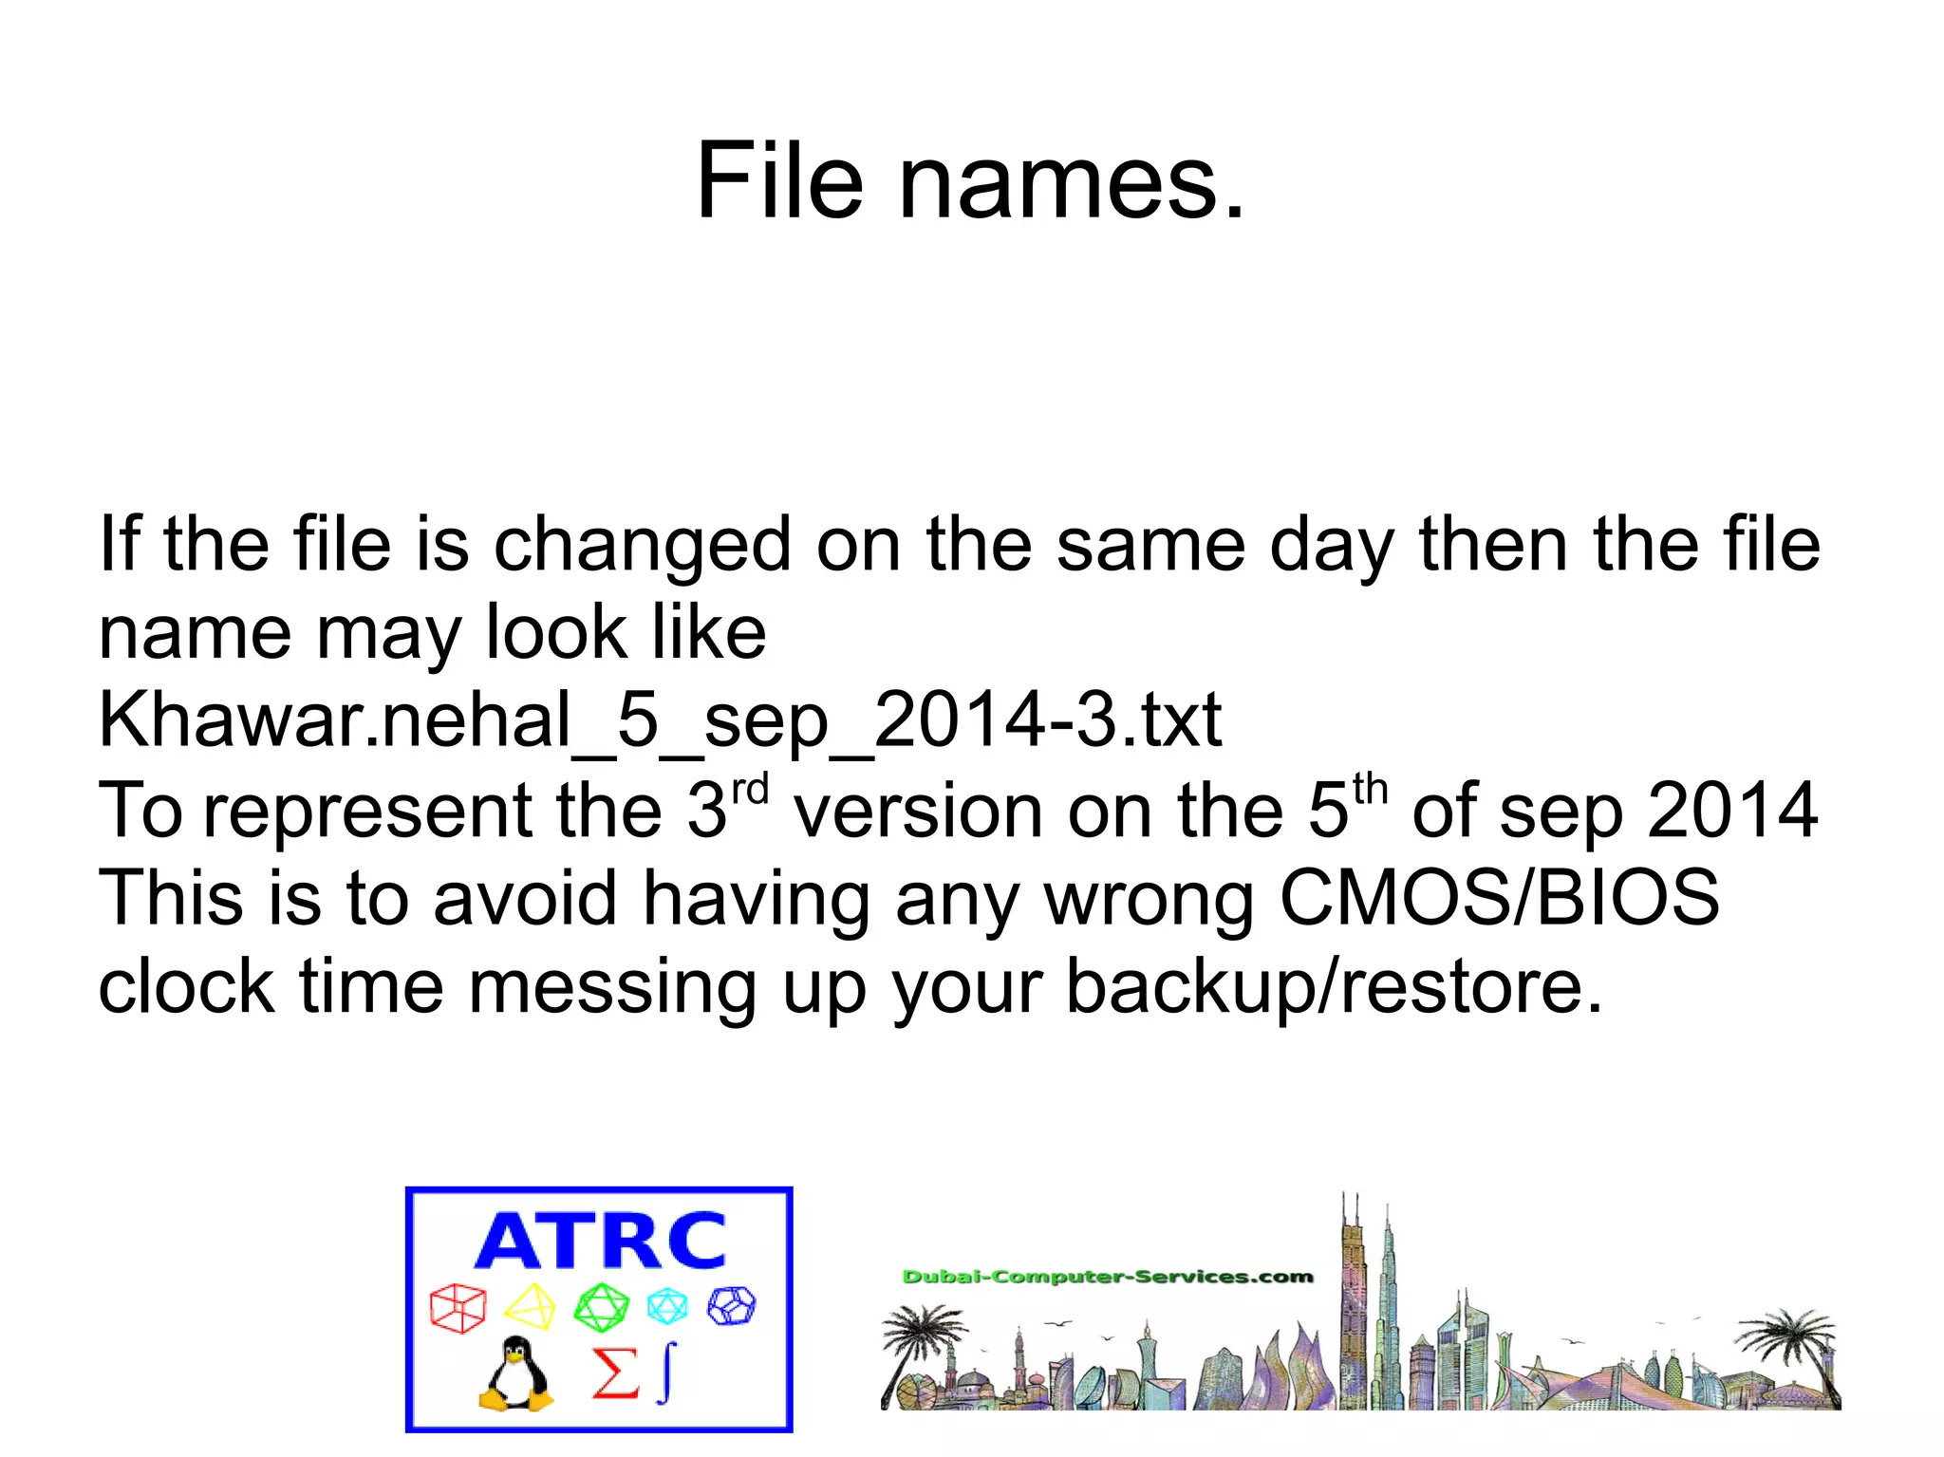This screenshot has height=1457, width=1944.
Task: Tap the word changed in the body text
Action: click(x=643, y=546)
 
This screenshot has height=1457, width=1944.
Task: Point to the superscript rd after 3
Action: click(x=750, y=790)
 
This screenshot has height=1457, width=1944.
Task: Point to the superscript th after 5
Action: click(x=1370, y=790)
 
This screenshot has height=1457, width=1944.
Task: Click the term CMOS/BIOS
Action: click(x=1499, y=897)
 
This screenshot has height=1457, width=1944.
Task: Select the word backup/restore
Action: click(x=1334, y=987)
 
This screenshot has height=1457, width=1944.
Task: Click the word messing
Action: click(x=612, y=987)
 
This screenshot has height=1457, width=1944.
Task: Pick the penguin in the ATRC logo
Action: click(x=515, y=1373)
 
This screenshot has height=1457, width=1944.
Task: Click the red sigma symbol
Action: click(x=614, y=1373)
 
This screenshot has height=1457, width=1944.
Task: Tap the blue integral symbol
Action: click(x=668, y=1372)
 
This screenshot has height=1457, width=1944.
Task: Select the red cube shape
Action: click(x=458, y=1308)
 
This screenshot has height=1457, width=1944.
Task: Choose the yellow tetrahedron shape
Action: click(x=530, y=1307)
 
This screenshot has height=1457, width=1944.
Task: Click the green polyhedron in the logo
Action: click(x=601, y=1307)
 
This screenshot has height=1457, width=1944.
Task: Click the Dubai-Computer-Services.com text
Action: click(x=1107, y=1277)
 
